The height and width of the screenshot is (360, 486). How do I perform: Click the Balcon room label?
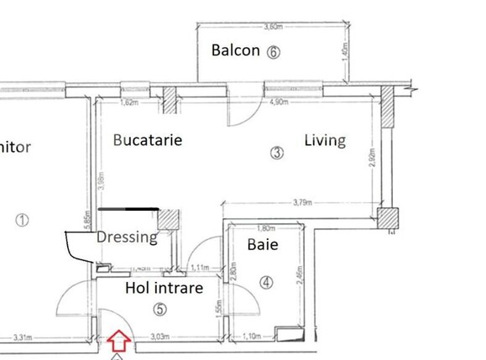pos(235,50)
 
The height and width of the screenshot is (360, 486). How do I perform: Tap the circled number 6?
pos(273,51)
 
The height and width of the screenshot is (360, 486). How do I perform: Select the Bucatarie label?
pos(148,139)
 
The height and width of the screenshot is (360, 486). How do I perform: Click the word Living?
pos(325,140)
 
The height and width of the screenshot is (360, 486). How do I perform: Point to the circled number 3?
pos(278,153)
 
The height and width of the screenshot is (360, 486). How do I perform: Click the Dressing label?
pos(127,237)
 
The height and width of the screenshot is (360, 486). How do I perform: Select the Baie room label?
pos(263,246)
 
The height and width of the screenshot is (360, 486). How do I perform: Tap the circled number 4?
pos(266,283)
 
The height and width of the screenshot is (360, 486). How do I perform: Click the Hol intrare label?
pos(164,288)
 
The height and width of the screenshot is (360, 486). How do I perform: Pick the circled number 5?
pos(161,309)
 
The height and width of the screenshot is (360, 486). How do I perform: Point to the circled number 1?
pos(23,221)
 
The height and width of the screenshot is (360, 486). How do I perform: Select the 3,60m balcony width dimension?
pos(273,27)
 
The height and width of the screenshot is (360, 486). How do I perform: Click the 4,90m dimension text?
pos(278,103)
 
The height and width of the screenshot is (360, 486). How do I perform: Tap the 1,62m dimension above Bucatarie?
pos(128,104)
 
